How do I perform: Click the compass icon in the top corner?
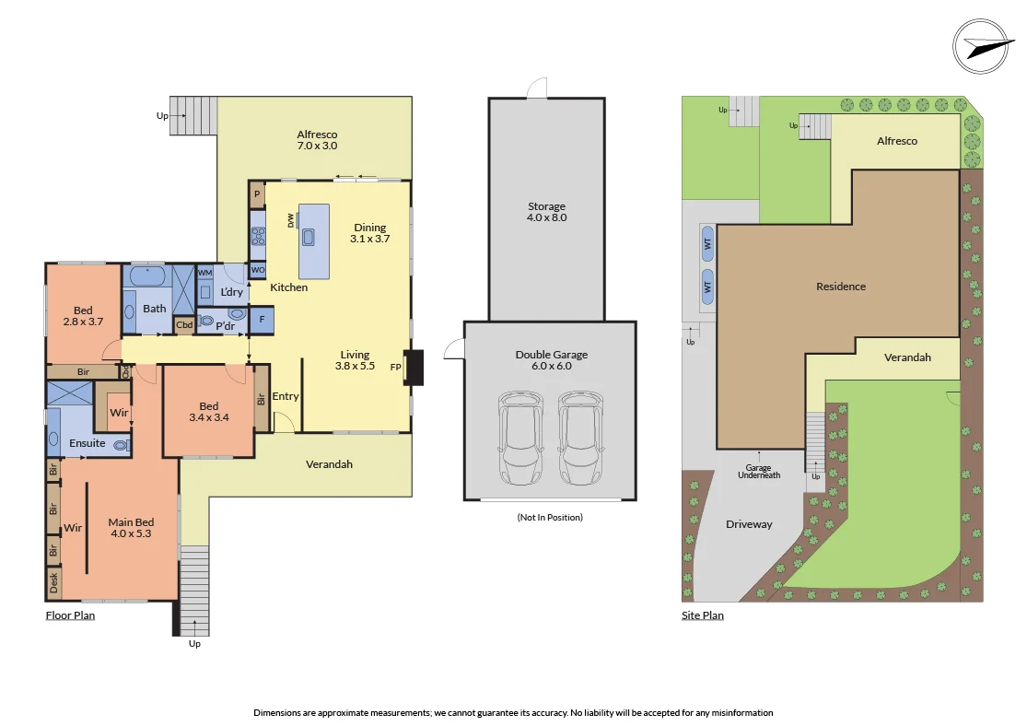[x=983, y=46]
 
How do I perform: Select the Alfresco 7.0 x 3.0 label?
[x=316, y=140]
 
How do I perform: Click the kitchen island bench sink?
[x=308, y=238]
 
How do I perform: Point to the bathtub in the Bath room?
[x=147, y=276]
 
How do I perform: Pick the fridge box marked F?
[x=262, y=320]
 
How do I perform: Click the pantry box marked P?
[x=257, y=194]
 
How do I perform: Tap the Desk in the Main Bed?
[x=53, y=582]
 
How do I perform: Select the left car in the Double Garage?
[x=521, y=438]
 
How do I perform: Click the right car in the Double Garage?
[x=580, y=438]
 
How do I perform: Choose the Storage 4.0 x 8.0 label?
[x=546, y=212]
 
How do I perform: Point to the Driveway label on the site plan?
[x=749, y=524]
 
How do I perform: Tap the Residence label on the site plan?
[x=840, y=287]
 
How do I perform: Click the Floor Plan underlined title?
[x=70, y=615]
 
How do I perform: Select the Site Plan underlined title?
[x=702, y=615]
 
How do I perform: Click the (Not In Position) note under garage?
[x=550, y=517]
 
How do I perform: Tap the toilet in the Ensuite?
[x=121, y=444]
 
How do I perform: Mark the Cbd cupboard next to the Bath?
[x=184, y=324]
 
